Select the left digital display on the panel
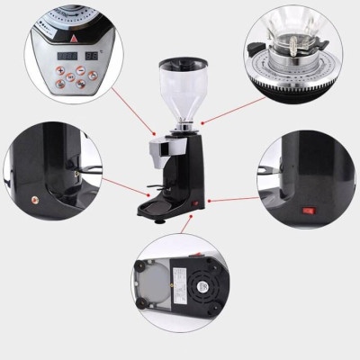(67, 55)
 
